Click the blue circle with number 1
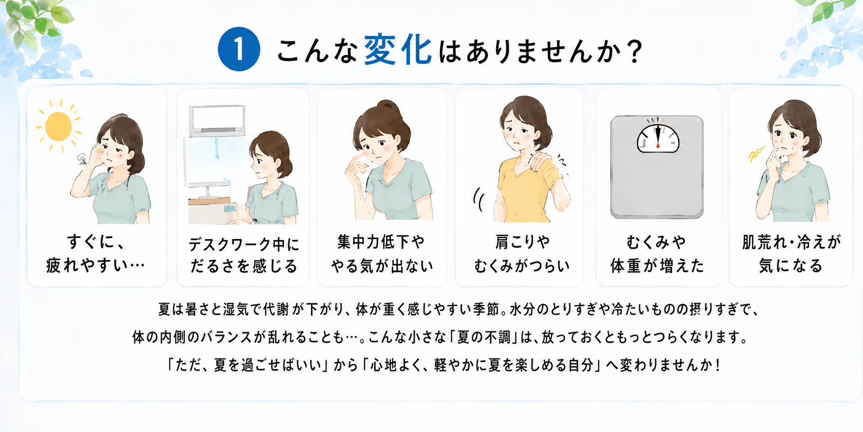(x=239, y=50)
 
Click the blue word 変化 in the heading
(x=398, y=50)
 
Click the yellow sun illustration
(x=58, y=126)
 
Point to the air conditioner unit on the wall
(x=217, y=120)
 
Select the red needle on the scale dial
(x=658, y=136)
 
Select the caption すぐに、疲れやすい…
(x=96, y=254)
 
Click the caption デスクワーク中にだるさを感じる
(x=244, y=255)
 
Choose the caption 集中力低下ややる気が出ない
(x=382, y=254)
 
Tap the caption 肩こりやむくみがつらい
(x=521, y=254)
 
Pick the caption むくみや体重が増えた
(x=657, y=254)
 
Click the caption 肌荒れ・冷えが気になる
(x=791, y=254)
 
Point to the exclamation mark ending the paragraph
(x=718, y=365)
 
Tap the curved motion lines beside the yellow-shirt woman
(x=478, y=200)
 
